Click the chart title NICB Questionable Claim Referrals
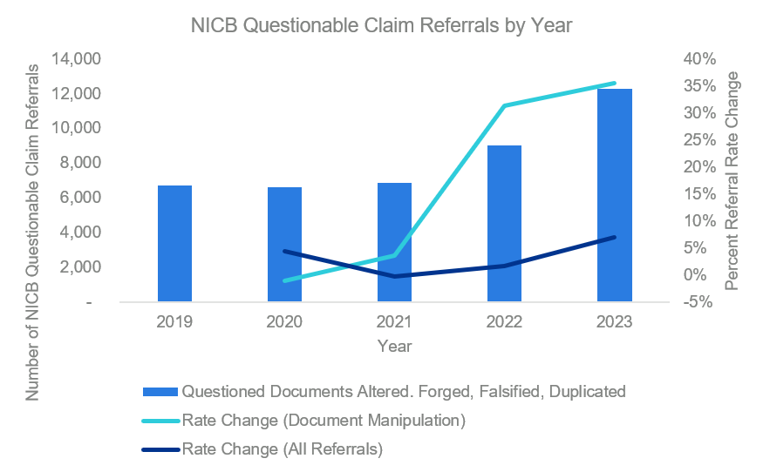pos(381,25)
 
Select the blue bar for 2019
pos(174,244)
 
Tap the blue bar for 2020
pos(284,245)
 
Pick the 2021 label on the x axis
pos(394,321)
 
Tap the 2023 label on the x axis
pos(615,321)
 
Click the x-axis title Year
pos(395,346)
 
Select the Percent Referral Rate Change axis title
pos(732,180)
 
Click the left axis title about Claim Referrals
pos(32,231)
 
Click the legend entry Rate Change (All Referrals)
pos(283,449)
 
